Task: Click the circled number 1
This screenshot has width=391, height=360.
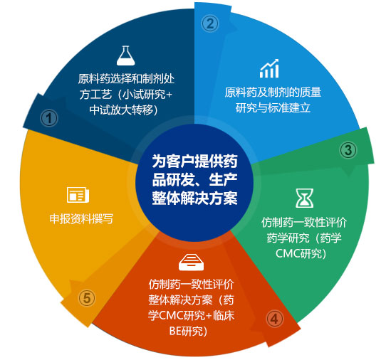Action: click(x=49, y=118)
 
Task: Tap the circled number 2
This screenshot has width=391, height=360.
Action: click(x=210, y=23)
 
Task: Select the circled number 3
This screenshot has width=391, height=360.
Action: click(x=348, y=150)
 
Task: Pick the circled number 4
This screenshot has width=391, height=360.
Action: click(x=274, y=319)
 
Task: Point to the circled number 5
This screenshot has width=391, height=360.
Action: click(x=87, y=298)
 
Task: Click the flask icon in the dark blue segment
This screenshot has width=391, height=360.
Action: click(x=125, y=55)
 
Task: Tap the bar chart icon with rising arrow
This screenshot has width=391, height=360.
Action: click(x=269, y=68)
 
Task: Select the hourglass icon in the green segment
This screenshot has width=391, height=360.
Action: click(x=304, y=198)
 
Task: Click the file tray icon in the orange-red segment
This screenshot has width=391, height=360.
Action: click(x=192, y=262)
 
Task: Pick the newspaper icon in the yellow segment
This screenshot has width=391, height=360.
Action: click(x=78, y=195)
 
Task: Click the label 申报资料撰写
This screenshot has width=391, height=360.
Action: click(x=81, y=218)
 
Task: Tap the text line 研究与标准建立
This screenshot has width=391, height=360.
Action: click(x=273, y=108)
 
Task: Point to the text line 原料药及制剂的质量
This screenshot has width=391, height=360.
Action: click(x=273, y=92)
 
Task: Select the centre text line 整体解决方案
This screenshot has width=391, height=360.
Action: click(x=194, y=198)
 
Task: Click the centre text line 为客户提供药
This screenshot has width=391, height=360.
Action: click(x=194, y=162)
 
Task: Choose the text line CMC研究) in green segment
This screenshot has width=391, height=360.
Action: click(x=301, y=253)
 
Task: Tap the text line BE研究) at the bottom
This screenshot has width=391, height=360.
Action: click(x=188, y=332)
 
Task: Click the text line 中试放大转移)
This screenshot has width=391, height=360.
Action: click(x=124, y=110)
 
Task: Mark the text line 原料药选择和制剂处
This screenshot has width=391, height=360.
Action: click(x=126, y=79)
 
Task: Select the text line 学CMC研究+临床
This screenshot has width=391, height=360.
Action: click(x=192, y=316)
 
